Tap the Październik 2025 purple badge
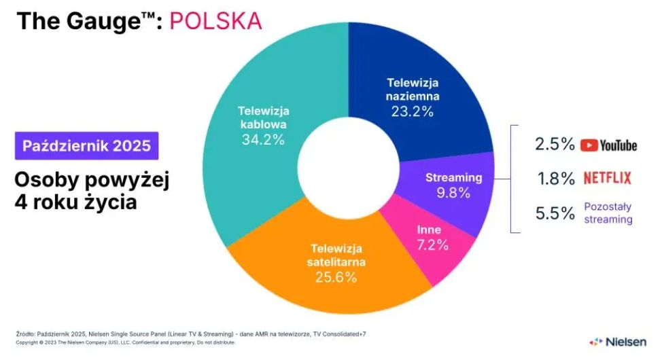pos(86,145)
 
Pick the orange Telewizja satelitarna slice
pos(319,285)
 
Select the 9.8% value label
pos(453,193)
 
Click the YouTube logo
pos(608,145)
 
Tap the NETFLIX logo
pos(607,178)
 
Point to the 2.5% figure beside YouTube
pos(555,145)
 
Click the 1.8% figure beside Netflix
pos(555,179)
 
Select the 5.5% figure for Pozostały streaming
pos(555,213)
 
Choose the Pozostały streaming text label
pos(608,213)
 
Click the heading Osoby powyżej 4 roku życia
pos(92,192)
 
